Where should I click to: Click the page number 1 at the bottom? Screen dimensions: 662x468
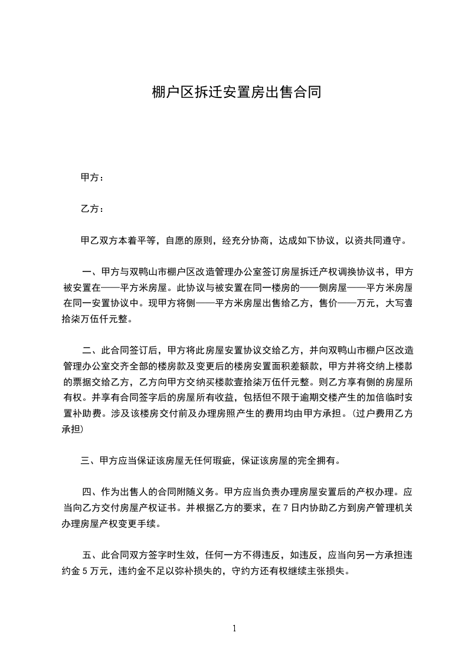(x=234, y=628)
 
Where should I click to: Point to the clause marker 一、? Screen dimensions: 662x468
(x=91, y=273)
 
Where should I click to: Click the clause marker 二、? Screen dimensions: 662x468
(x=91, y=349)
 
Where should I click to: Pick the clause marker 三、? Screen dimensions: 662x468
(x=90, y=460)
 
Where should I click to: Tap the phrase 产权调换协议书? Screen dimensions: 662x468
(x=350, y=273)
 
